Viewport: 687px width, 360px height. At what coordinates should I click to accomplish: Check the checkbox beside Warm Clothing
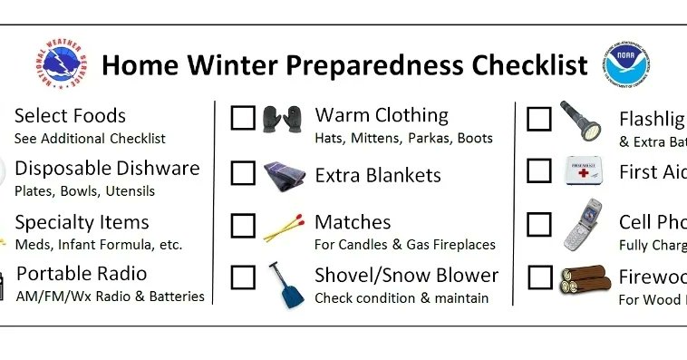[x=243, y=118]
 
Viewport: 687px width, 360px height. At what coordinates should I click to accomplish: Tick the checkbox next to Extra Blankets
[x=243, y=172]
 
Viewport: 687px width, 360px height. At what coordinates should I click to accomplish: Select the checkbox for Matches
[x=243, y=225]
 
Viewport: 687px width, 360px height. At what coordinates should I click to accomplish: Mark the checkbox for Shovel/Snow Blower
[x=243, y=277]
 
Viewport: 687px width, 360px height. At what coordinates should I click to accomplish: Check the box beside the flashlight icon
[x=539, y=119]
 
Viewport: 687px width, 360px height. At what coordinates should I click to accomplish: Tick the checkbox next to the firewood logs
[x=539, y=277]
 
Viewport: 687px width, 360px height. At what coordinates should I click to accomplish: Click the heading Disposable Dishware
[x=107, y=169]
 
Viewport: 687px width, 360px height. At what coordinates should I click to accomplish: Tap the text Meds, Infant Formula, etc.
[x=98, y=244]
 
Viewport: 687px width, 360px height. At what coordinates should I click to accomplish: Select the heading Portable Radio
[x=82, y=274]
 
